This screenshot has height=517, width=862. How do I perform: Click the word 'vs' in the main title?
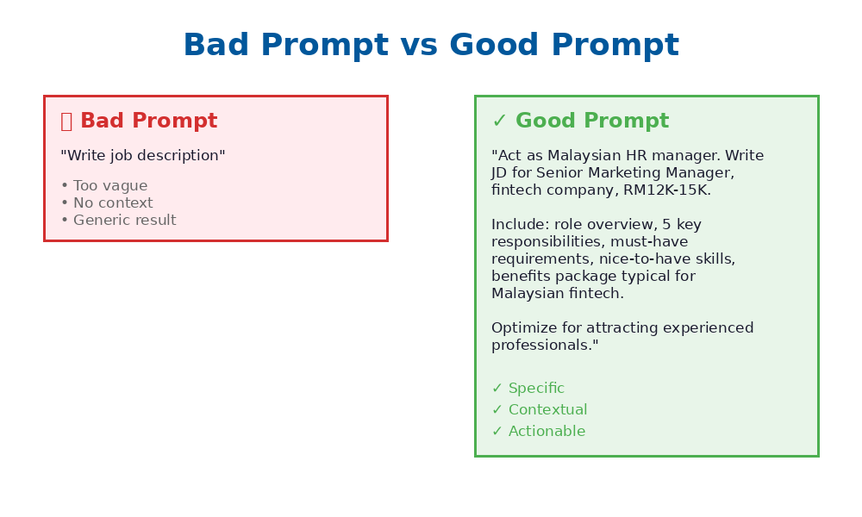point(419,46)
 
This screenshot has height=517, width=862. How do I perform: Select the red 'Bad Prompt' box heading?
point(148,121)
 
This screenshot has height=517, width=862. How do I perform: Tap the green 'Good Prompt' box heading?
point(591,121)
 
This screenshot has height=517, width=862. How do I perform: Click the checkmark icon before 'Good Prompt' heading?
point(499,121)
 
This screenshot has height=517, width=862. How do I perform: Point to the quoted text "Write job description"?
point(143,156)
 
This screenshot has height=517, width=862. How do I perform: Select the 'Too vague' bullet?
point(109,186)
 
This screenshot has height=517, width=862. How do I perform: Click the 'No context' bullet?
point(112,203)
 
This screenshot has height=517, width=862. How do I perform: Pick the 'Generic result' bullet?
point(124,221)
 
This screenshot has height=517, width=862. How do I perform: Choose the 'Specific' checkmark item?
point(536,389)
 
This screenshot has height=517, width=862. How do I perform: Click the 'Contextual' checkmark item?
point(547,410)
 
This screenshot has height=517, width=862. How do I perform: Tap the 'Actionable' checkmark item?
point(547,432)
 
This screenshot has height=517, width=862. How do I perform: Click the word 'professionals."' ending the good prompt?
point(545,346)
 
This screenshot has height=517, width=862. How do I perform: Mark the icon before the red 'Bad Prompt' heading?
point(66,121)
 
